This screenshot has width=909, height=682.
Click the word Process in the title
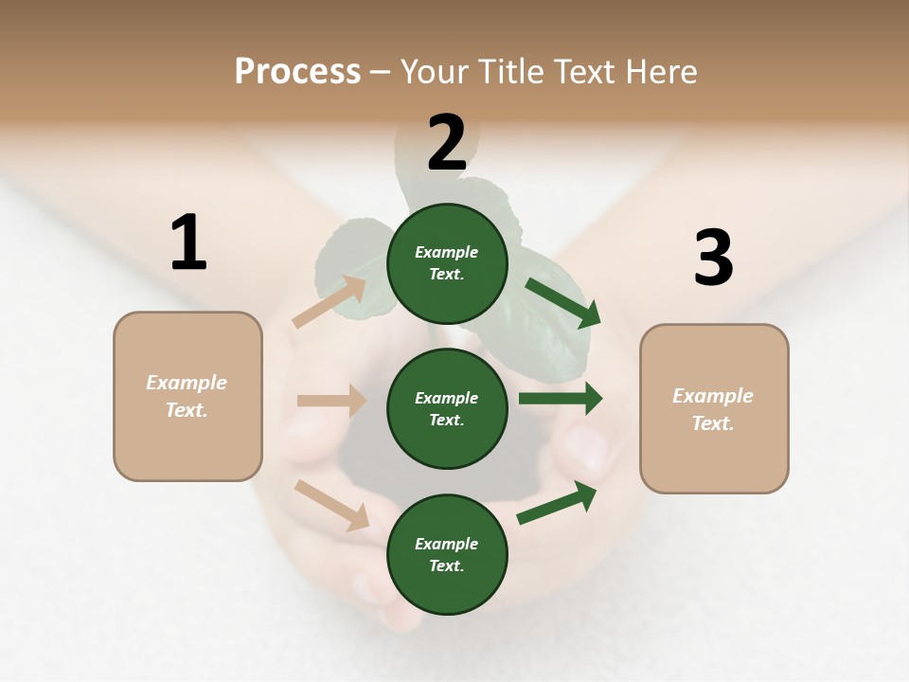[x=297, y=72]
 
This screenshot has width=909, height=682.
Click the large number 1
[x=188, y=243]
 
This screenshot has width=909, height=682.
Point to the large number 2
[x=447, y=143]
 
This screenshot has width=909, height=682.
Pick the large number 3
[x=713, y=259]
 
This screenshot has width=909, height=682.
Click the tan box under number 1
[x=187, y=396]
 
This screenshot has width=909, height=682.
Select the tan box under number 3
[x=714, y=409]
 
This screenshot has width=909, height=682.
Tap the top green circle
[x=447, y=263]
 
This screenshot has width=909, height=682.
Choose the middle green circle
[x=447, y=408]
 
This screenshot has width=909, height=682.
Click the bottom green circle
[x=447, y=554]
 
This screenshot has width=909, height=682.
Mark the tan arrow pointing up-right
[x=330, y=302]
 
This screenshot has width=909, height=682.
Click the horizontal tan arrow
[x=331, y=401]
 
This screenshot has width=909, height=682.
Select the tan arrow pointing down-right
[x=332, y=505]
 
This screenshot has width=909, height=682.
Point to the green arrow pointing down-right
[x=562, y=302]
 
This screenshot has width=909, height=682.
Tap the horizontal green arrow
[x=560, y=398]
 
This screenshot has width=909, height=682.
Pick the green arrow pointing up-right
[x=558, y=502]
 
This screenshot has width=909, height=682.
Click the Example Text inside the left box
[x=187, y=396]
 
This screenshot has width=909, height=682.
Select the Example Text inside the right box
[x=713, y=409]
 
